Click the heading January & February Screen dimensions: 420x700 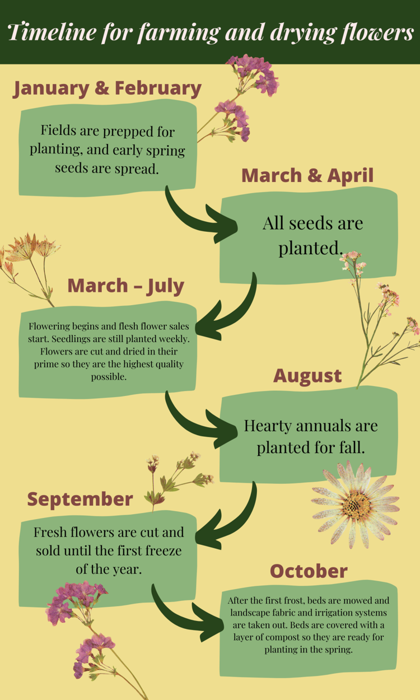[108, 88]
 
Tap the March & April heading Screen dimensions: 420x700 [307, 175]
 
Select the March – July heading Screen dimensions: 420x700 [126, 286]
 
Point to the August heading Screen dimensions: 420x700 [307, 376]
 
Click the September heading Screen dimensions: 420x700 [80, 500]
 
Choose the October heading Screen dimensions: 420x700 [309, 571]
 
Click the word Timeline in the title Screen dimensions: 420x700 [52, 32]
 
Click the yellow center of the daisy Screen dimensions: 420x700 [356, 505]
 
